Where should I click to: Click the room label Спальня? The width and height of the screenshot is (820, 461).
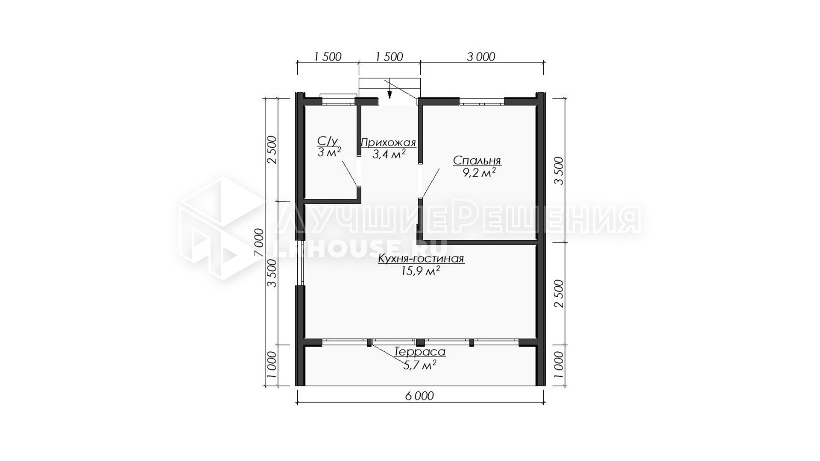477,161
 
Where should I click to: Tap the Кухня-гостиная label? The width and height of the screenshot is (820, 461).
421,259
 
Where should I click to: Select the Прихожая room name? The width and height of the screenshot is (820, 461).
388,143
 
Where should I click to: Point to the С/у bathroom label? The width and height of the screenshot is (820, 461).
328,141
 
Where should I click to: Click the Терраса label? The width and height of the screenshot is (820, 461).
420,352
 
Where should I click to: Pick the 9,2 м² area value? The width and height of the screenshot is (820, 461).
479,172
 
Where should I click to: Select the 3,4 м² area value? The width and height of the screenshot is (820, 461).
389,154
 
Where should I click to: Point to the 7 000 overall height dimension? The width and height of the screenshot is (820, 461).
259,242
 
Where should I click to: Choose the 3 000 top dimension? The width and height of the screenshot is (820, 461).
481,57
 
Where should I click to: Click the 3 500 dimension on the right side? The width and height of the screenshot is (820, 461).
559,171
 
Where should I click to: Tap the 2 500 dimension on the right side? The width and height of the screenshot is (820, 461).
559,294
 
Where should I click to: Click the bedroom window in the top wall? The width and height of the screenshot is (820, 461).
482,102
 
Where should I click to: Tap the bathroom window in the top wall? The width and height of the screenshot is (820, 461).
338,99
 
